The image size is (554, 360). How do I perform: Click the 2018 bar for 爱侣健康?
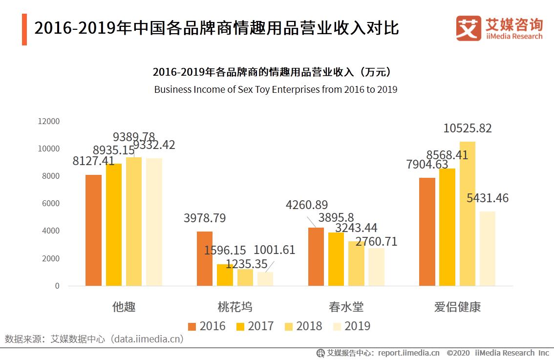(467, 213)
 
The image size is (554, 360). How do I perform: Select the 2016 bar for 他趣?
(93, 230)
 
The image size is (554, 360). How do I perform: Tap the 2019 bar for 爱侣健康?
(487, 248)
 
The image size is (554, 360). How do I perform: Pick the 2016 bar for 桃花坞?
(205, 258)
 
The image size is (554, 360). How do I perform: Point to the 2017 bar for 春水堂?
(336, 259)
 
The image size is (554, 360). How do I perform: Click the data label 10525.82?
(467, 128)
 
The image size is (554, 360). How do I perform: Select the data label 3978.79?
(205, 218)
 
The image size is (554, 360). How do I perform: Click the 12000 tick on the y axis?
(49, 121)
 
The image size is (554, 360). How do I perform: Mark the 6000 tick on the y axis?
(51, 203)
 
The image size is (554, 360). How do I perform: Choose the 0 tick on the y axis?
(57, 286)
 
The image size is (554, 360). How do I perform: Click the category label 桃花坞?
(235, 307)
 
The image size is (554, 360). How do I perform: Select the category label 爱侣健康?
(457, 307)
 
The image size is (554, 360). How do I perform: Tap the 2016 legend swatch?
(192, 326)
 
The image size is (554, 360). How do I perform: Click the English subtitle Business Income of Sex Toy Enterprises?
(276, 89)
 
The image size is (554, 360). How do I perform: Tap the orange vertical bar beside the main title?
(24, 29)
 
